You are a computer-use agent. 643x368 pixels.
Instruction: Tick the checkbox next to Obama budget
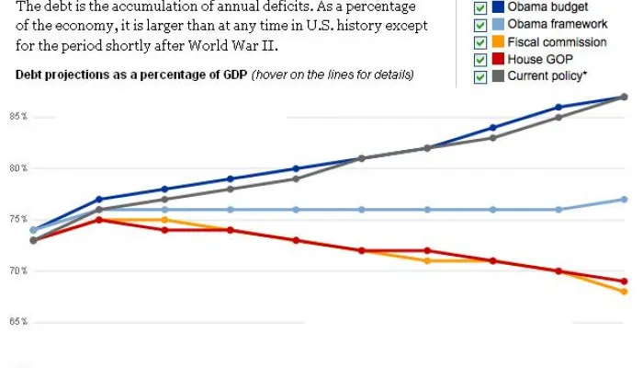(x=480, y=8)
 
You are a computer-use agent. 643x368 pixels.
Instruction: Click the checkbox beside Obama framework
(x=480, y=26)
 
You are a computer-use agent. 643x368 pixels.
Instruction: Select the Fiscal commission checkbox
(x=480, y=43)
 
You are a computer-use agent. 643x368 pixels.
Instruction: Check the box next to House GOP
(x=480, y=60)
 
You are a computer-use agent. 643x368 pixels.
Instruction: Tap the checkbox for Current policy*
(x=480, y=77)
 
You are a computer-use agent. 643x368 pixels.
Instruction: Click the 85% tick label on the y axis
(x=17, y=117)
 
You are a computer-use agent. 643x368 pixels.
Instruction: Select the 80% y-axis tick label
(x=17, y=168)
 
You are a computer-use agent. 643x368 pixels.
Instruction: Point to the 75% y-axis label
(x=17, y=219)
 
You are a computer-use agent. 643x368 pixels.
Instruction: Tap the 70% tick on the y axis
(x=17, y=270)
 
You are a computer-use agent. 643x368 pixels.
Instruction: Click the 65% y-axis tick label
(x=17, y=322)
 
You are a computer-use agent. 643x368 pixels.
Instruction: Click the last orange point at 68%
(x=624, y=292)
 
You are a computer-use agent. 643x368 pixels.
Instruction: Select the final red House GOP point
(x=624, y=282)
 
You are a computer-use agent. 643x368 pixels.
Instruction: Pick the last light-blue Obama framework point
(x=624, y=200)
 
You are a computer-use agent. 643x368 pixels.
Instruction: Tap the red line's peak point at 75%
(x=98, y=220)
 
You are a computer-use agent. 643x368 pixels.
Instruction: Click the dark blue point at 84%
(x=493, y=128)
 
